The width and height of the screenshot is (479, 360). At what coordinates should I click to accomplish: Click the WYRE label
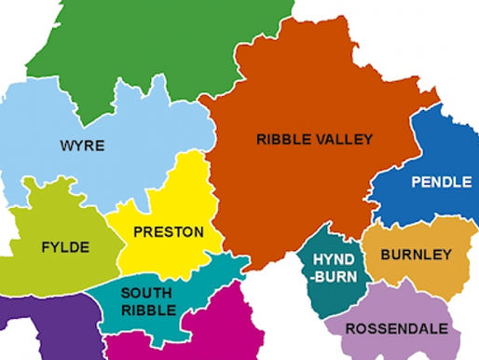pyautogui.click(x=82, y=145)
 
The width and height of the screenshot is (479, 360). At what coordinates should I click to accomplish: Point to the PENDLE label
pyautogui.click(x=442, y=182)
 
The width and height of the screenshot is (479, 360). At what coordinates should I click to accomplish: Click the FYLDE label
pyautogui.click(x=65, y=247)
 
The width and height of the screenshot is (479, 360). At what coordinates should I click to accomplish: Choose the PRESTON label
pyautogui.click(x=169, y=231)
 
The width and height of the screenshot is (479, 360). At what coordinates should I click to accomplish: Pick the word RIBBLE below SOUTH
pyautogui.click(x=146, y=310)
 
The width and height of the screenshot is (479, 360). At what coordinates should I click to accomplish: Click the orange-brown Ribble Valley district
pyautogui.click(x=308, y=93)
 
